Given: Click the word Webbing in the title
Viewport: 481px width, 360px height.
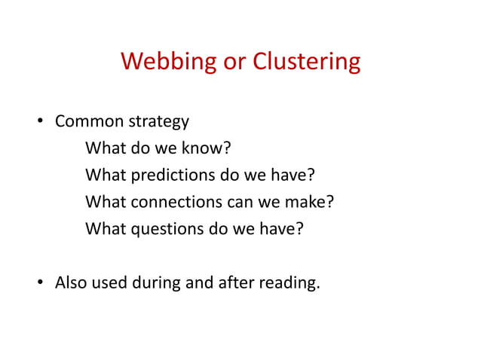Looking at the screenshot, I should [x=167, y=61].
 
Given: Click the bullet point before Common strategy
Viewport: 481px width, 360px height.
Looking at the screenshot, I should [x=43, y=122].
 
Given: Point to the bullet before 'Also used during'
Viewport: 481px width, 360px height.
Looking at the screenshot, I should [x=43, y=284].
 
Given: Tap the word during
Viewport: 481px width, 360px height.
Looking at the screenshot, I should [x=161, y=283].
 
